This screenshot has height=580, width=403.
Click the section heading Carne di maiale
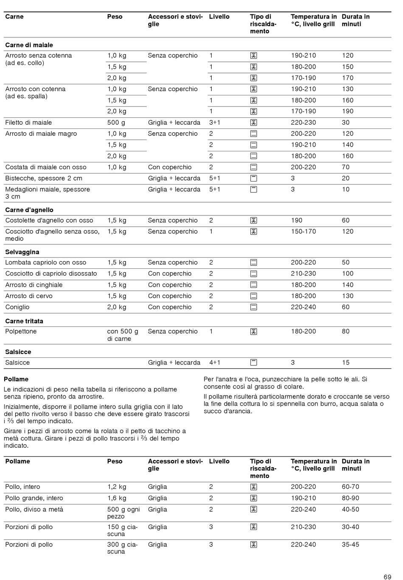coord(29,45)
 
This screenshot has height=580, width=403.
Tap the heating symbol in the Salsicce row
coord(254,362)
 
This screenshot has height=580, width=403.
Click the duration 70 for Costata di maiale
coord(346,167)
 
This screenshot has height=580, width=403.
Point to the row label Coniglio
coord(17,307)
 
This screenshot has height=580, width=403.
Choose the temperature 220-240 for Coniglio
coord(303,307)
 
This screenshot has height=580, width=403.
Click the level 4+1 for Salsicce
coord(215,362)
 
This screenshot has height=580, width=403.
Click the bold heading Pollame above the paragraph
coord(16,379)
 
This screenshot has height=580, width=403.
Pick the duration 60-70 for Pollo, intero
coord(350,487)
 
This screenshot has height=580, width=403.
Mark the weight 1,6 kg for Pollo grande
coord(117,498)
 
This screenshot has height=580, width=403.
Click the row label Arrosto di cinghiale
coord(34,285)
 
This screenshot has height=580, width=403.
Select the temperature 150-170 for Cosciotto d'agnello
coord(303,231)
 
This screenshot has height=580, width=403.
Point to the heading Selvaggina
coord(22,252)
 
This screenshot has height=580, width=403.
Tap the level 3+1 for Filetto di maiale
coord(215,123)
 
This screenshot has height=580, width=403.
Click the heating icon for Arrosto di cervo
coord(254,296)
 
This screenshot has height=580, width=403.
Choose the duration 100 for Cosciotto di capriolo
coord(347,273)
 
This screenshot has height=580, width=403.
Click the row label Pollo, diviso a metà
coord(34,509)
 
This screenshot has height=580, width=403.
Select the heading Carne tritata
coord(24,321)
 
